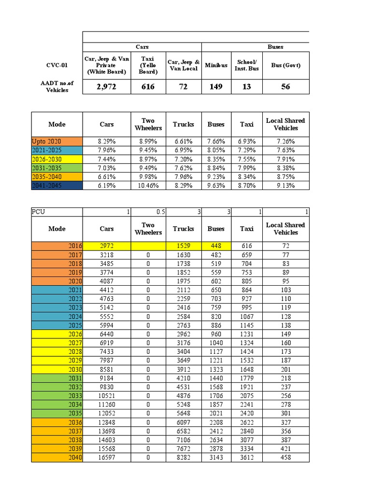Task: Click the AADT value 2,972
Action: pos(106,87)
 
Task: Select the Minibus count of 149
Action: pos(216,87)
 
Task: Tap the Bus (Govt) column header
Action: pos(285,65)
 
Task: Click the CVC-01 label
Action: pos(57,65)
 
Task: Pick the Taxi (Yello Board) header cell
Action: pos(148,65)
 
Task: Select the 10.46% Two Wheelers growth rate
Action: pos(148,186)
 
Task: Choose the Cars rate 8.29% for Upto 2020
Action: pos(106,141)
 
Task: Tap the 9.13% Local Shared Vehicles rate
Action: pos(285,186)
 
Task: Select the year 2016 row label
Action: pos(74,246)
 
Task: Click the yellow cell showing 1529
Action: pos(183,246)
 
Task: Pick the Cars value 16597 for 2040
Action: pos(106,457)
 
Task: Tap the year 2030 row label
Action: pos(74,369)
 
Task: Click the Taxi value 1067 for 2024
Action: pos(246,316)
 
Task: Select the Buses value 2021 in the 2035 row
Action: pos(215,413)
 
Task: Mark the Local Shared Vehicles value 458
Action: pos(285,457)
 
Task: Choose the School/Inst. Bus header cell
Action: pos(247,65)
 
